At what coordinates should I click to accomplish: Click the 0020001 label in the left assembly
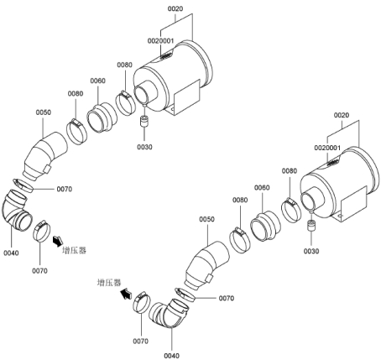[x=160, y=41]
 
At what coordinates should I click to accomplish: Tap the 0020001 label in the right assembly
[x=327, y=148]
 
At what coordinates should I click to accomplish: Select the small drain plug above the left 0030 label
[x=144, y=122]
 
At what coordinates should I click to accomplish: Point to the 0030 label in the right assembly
[x=311, y=251]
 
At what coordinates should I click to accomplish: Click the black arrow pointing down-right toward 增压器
[x=58, y=241]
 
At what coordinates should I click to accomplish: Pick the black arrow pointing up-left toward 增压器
[x=126, y=294]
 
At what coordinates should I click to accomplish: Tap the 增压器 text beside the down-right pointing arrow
[x=74, y=250]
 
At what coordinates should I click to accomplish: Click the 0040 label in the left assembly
[x=11, y=253]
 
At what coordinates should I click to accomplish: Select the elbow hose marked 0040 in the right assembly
[x=169, y=312]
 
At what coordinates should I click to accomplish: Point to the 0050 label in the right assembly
[x=206, y=219]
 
